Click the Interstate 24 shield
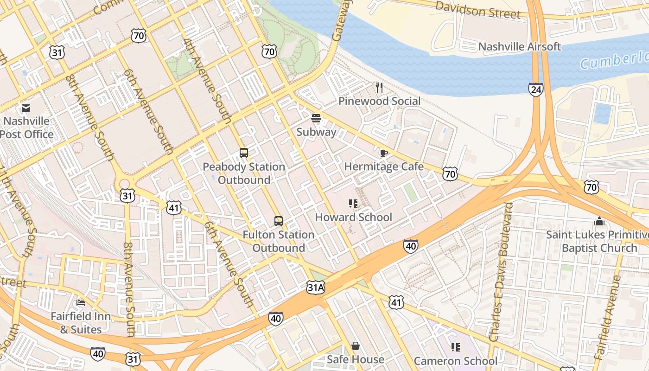click(535, 90)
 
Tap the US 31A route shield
click(316, 288)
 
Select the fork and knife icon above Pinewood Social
click(379, 88)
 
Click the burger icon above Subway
click(316, 119)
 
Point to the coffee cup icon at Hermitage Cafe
click(383, 153)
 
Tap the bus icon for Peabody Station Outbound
click(244, 153)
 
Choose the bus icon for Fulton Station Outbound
click(278, 221)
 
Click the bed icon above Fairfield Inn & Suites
click(81, 303)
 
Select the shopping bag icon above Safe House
click(356, 346)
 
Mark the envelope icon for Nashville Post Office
click(26, 108)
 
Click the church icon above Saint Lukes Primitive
click(599, 221)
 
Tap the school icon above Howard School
click(353, 204)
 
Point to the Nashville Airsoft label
click(519, 47)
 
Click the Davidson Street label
click(478, 10)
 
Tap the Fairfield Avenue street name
click(608, 318)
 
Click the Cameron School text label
click(455, 361)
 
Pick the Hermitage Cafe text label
click(383, 166)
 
